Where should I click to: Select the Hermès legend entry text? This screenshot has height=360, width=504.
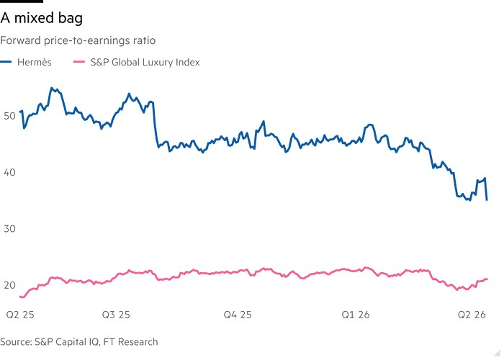[x=35, y=62]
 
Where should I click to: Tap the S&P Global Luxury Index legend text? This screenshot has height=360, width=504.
[x=145, y=62]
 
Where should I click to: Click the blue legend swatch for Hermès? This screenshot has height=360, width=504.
[x=8, y=63]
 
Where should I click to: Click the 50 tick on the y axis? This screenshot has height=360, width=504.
[x=9, y=116]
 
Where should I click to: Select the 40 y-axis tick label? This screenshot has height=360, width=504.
[x=9, y=173]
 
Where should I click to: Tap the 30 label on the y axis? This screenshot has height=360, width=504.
[x=9, y=229]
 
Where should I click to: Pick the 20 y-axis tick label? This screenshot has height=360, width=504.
[x=9, y=286]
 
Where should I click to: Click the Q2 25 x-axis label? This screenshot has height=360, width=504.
[x=20, y=315]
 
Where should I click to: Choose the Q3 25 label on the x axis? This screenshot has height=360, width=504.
[x=115, y=315]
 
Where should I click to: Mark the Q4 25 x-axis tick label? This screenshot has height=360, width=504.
[x=238, y=315]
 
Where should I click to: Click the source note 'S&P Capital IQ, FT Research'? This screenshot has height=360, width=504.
[x=79, y=341]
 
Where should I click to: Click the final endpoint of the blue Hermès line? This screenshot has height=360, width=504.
[x=487, y=199]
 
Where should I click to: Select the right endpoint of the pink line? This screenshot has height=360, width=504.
[x=487, y=279]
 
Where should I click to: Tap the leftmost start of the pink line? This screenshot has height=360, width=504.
[x=19, y=297]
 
